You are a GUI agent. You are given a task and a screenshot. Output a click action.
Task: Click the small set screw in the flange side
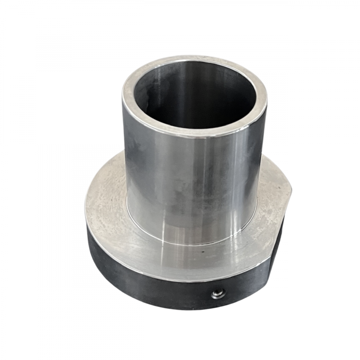[218, 294]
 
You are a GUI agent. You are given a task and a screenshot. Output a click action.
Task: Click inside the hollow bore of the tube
[198, 97]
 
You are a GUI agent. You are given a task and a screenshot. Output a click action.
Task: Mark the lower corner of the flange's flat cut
[269, 283]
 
